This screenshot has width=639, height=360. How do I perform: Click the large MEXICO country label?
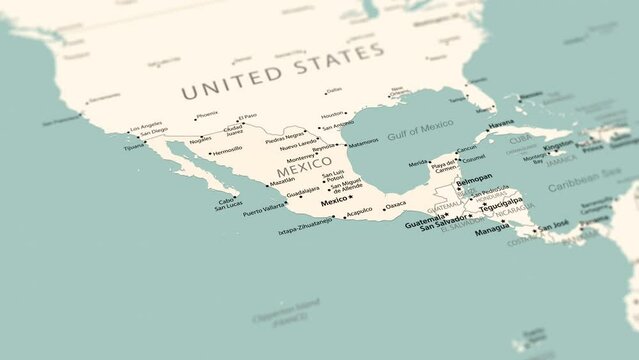[303, 171]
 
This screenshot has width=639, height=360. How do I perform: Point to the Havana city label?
[501, 124]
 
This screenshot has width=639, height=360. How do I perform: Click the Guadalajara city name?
[303, 189]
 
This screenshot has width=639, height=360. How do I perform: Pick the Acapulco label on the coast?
[358, 210]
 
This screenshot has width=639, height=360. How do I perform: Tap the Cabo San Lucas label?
[228, 203]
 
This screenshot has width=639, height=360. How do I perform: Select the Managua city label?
[492, 229]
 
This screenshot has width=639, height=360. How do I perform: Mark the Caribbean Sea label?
[585, 179]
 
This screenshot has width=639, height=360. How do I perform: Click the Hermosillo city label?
[225, 151]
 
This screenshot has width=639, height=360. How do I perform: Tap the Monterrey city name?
[300, 158]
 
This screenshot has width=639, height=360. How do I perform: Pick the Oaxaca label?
[396, 205]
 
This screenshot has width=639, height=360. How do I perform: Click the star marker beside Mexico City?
[351, 198]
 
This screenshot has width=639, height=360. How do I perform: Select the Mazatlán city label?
[283, 180]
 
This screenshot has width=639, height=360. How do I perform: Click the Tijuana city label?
[134, 146]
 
